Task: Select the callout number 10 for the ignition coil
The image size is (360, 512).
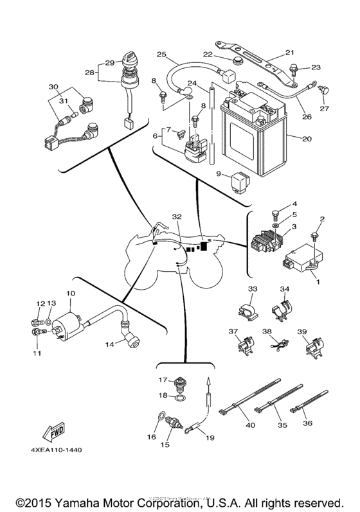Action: click(70, 294)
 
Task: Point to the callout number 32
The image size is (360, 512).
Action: click(177, 217)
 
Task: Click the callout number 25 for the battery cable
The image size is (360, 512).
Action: click(161, 53)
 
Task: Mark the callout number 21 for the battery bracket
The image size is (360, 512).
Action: click(289, 53)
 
